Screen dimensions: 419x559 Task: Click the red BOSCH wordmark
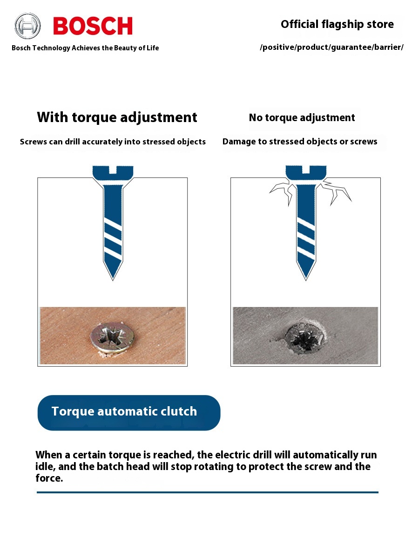93,26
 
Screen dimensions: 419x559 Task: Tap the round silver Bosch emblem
27,26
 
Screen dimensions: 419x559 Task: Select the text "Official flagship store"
337,24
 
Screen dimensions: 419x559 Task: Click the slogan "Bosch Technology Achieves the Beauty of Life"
85,48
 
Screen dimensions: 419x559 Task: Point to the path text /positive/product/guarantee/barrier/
331,47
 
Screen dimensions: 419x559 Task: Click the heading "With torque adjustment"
117,117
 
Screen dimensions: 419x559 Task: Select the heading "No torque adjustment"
302,118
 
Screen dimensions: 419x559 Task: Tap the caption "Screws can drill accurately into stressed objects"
113,142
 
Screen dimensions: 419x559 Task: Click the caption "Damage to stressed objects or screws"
300,141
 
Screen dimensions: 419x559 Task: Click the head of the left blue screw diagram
113,174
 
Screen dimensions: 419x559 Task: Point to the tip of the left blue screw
113,280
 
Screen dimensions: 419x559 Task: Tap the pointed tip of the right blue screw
306,280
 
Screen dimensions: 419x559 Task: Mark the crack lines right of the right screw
336,191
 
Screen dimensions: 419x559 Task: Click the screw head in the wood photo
112,337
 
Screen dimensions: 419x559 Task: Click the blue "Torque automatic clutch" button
129,413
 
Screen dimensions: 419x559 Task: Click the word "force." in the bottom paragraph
49,478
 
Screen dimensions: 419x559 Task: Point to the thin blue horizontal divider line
207,492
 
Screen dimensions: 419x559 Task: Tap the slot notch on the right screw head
306,170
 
